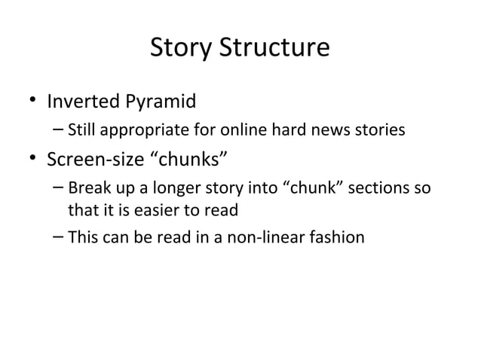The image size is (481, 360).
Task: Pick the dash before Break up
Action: pos(59,188)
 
